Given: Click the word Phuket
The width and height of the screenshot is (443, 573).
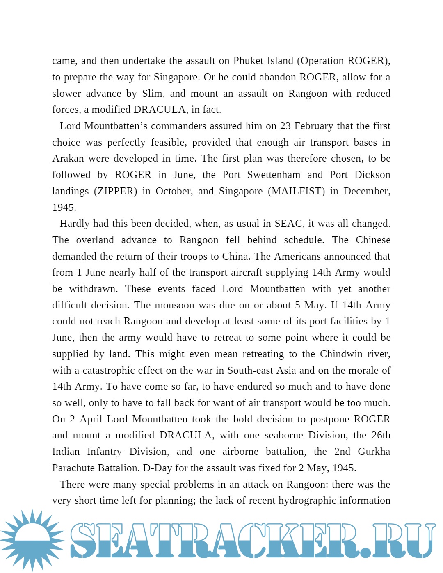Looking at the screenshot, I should coord(249,61).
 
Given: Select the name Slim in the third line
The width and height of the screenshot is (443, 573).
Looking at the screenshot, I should coord(153,94).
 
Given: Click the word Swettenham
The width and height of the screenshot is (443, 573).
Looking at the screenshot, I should coord(274,175).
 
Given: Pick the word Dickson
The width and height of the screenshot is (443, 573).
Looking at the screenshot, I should coord(372,175).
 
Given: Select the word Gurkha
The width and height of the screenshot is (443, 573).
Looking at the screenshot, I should coord(374,452).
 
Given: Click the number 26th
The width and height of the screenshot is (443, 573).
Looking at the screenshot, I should coord(381,435).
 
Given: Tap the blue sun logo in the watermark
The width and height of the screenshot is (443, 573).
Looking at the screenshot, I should coord(32,540).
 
